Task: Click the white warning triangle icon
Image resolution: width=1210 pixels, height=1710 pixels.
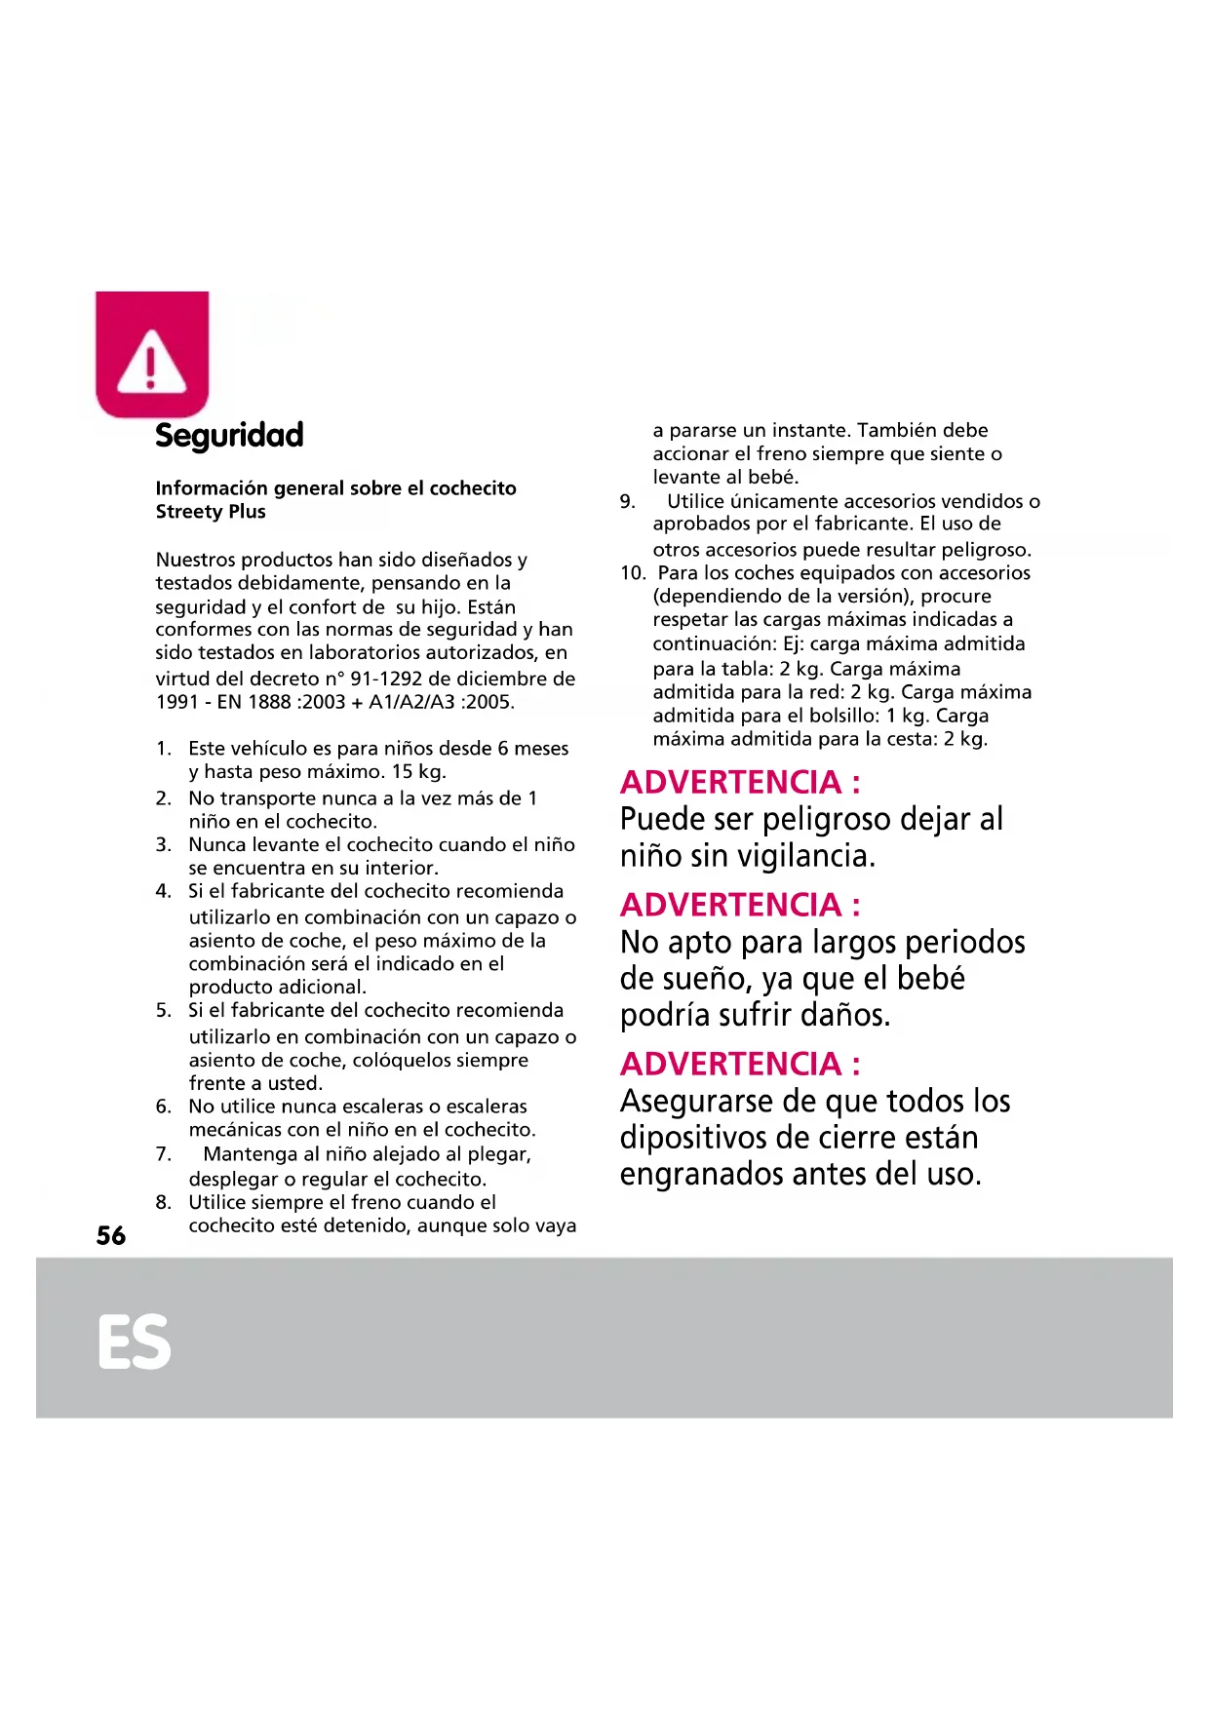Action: [x=151, y=362]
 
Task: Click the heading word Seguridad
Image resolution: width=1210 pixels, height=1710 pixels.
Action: [x=229, y=435]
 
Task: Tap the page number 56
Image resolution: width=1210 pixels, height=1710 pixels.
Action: [x=111, y=1236]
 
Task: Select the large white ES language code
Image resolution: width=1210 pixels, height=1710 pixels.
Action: [x=135, y=1342]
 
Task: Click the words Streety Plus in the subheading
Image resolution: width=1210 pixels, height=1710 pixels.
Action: [x=211, y=512]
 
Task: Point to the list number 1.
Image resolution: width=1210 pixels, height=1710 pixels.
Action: [x=163, y=749]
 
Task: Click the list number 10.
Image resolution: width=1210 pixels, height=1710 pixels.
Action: [x=632, y=573]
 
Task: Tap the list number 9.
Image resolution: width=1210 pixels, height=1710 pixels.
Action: [x=627, y=502]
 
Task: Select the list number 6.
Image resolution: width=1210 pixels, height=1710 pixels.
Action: [x=163, y=1107]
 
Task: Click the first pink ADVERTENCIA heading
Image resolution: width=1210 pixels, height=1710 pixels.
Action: [x=740, y=782]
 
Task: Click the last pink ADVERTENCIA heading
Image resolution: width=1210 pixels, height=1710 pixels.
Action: [x=740, y=1064]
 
